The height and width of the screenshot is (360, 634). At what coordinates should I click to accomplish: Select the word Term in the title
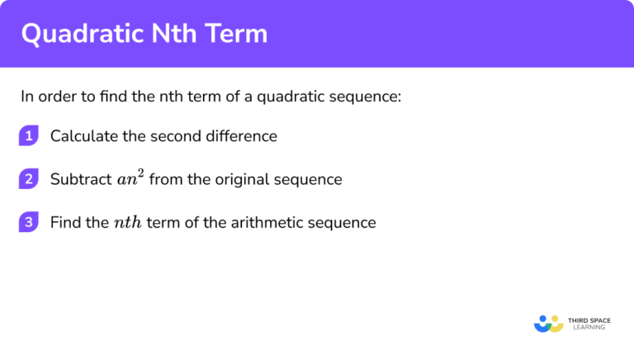[239, 34]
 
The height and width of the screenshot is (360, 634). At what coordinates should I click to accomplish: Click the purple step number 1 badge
[29, 136]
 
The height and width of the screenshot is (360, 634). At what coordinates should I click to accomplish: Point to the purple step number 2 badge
[29, 179]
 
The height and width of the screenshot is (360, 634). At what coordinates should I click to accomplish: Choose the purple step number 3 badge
[29, 222]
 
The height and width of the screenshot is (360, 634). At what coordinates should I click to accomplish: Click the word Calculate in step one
[84, 136]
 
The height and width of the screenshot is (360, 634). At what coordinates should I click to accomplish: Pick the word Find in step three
[65, 222]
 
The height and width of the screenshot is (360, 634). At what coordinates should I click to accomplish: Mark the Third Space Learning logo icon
[548, 322]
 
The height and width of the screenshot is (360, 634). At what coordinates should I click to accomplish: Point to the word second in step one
[176, 136]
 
